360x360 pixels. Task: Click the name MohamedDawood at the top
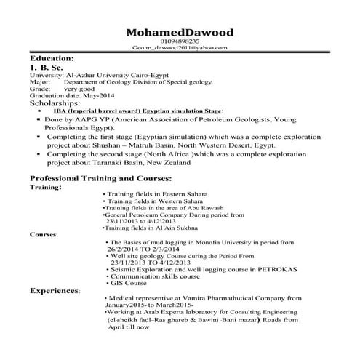pyautogui.click(x=180, y=33)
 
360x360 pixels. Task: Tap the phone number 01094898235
pyautogui.click(x=180, y=42)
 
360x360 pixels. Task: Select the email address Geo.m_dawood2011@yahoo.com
pyautogui.click(x=180, y=48)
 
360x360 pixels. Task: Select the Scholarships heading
pyautogui.click(x=60, y=103)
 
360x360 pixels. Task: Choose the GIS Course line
pyautogui.click(x=129, y=282)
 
